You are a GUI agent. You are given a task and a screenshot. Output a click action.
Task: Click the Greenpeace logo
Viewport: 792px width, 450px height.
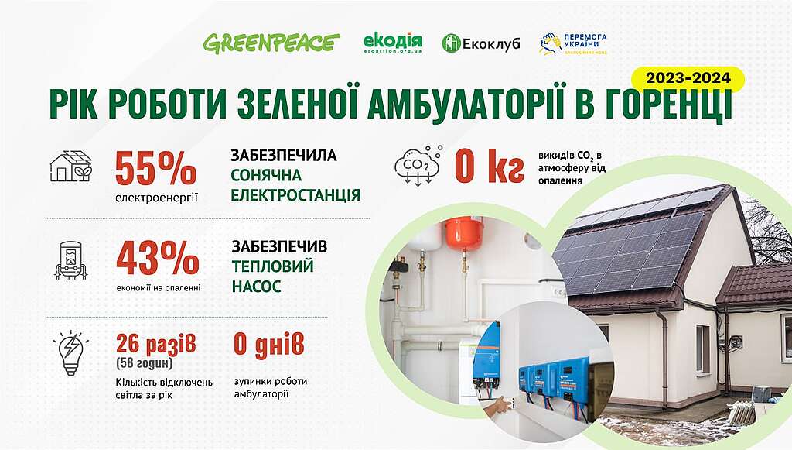pos(271,43)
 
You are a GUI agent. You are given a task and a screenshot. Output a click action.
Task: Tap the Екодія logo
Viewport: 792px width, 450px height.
pos(392,43)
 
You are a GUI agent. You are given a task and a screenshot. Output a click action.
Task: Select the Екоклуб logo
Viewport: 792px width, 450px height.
pos(480,43)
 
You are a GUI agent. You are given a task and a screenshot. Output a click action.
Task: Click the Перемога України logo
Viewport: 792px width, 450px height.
pos(573,43)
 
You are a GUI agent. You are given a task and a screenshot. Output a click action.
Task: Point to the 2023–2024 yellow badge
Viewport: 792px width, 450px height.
pos(688,78)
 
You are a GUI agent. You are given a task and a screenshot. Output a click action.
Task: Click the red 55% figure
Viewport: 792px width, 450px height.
pos(155,168)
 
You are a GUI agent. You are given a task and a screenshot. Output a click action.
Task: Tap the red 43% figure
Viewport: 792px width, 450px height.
pos(158,259)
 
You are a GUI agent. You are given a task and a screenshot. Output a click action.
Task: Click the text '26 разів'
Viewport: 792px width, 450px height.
pos(156,345)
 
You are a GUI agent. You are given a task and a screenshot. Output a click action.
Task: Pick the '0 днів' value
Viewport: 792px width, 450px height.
pos(269,345)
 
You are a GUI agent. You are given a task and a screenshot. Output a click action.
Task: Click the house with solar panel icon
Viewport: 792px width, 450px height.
pos(71,166)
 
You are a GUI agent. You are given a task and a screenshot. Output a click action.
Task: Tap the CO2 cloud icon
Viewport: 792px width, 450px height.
pos(418,165)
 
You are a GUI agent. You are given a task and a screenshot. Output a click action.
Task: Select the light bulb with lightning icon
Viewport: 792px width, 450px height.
pos(70,353)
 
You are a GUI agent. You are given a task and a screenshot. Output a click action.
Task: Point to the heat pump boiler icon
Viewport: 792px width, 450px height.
pos(70,261)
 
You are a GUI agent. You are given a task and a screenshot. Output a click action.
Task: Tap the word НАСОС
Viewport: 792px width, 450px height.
pos(256,287)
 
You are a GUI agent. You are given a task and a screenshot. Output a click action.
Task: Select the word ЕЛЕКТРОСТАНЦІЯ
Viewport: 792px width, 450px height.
pos(295,195)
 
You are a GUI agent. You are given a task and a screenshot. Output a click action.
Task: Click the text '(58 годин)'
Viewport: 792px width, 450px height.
pos(145,363)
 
